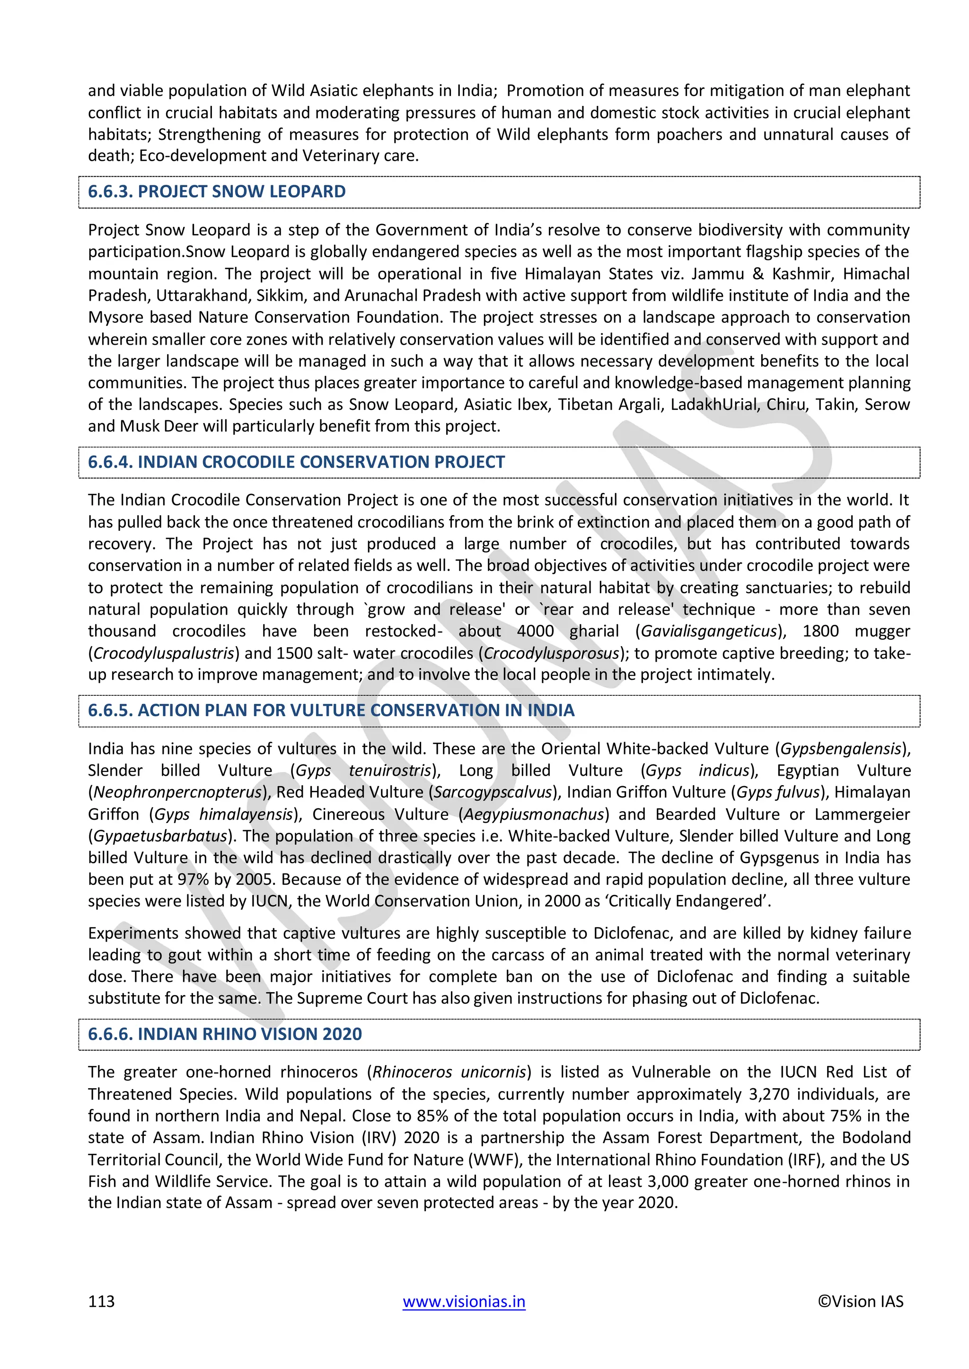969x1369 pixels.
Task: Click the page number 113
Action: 101,1301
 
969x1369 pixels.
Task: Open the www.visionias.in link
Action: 464,1301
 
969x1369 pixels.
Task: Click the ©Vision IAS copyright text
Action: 860,1301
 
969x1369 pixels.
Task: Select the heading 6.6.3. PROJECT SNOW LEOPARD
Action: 217,191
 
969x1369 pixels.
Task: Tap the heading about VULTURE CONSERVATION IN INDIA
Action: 331,710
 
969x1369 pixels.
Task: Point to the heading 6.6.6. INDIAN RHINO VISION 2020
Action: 225,1034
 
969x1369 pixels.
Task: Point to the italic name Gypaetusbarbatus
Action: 160,836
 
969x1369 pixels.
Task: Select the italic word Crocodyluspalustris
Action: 164,653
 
